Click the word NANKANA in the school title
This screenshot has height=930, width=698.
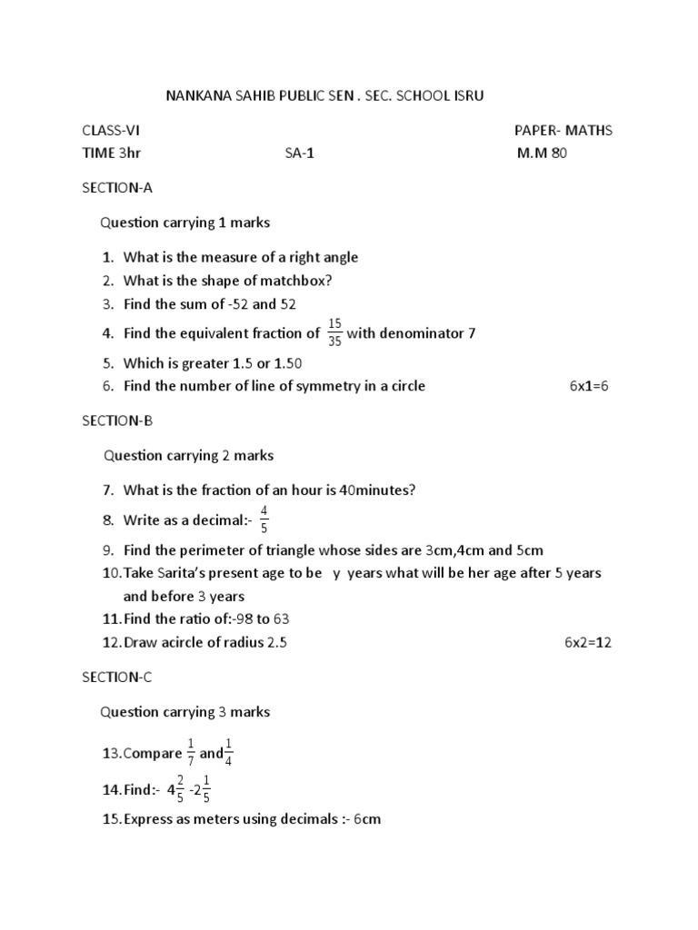[193, 94]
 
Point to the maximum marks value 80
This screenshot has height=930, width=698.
[558, 153]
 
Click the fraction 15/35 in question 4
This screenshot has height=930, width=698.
[334, 332]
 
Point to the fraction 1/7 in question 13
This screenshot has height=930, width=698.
[191, 752]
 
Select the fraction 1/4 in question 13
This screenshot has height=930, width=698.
[228, 752]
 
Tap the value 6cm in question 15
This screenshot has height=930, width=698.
[367, 819]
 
